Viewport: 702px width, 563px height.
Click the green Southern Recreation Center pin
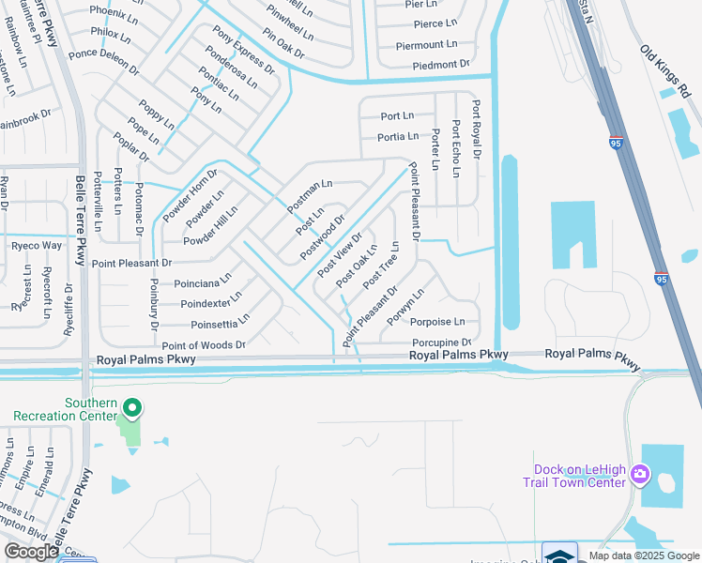[x=132, y=408]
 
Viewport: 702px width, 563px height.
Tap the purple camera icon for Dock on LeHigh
[x=641, y=472]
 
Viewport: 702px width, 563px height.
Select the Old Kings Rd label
[x=670, y=72]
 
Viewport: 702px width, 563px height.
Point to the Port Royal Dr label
[x=477, y=129]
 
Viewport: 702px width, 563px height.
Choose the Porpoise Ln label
[x=437, y=322]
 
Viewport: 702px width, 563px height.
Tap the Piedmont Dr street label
[x=432, y=65]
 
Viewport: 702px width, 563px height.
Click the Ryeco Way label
[x=37, y=246]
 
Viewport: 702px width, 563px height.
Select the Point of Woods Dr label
[x=204, y=345]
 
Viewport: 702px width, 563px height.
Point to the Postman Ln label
[x=310, y=195]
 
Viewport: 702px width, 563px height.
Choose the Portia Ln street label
[x=398, y=137]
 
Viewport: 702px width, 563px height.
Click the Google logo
[x=31, y=552]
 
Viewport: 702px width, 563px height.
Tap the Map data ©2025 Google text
[x=643, y=555]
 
